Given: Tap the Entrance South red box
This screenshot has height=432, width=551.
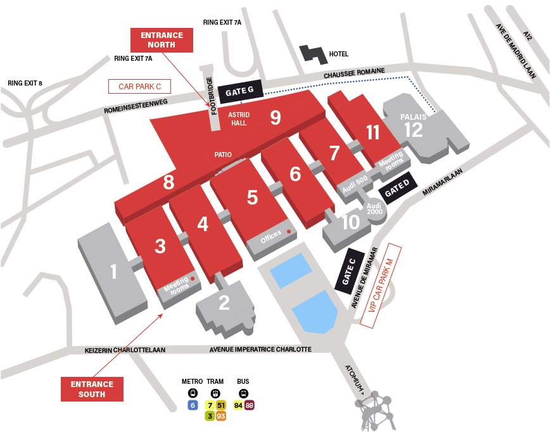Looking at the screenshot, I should coord(92,389).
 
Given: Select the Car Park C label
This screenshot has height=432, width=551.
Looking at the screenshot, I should coord(140,86).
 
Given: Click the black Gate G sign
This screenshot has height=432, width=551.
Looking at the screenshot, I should coord(239,92).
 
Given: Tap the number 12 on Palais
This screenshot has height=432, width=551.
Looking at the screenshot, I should coord(413,130).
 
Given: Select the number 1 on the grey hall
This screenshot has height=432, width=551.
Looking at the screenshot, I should coord(113,272).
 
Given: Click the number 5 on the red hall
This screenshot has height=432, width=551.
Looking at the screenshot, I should coord(252,198).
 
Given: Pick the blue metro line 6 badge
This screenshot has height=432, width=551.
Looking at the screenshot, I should coord(193,405).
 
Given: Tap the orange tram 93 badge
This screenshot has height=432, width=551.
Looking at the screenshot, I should coord(220,416).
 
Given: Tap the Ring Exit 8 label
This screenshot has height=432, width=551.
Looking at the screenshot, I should coord(25,83).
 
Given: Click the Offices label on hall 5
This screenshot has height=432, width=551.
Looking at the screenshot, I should coord(270,237).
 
